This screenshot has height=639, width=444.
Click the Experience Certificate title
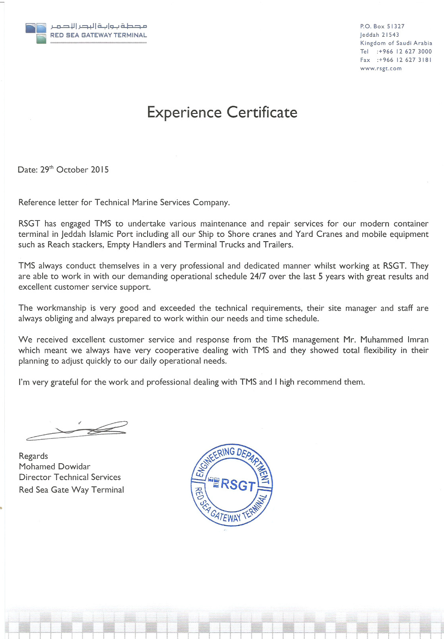[x=222, y=112]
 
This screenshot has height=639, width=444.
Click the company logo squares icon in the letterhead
[x=36, y=32]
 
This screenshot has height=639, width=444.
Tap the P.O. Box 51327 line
[x=382, y=26]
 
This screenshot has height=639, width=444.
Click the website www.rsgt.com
[x=381, y=68]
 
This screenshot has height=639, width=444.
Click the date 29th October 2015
[x=75, y=170]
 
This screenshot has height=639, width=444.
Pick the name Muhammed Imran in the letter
[x=394, y=339]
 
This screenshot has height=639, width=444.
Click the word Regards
[x=33, y=456]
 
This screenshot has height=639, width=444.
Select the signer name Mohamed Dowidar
[x=54, y=466]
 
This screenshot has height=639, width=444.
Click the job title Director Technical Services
[x=69, y=477]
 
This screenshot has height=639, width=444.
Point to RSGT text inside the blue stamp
[x=238, y=485]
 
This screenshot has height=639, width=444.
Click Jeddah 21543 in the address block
[x=379, y=35]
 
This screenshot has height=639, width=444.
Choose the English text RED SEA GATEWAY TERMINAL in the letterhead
[x=99, y=35]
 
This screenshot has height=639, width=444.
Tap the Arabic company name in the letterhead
[x=99, y=26]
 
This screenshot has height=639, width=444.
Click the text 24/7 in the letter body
[x=258, y=276]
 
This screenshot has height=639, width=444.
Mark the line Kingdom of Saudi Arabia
[x=396, y=43]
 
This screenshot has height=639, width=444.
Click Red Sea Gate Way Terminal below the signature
[x=71, y=490]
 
